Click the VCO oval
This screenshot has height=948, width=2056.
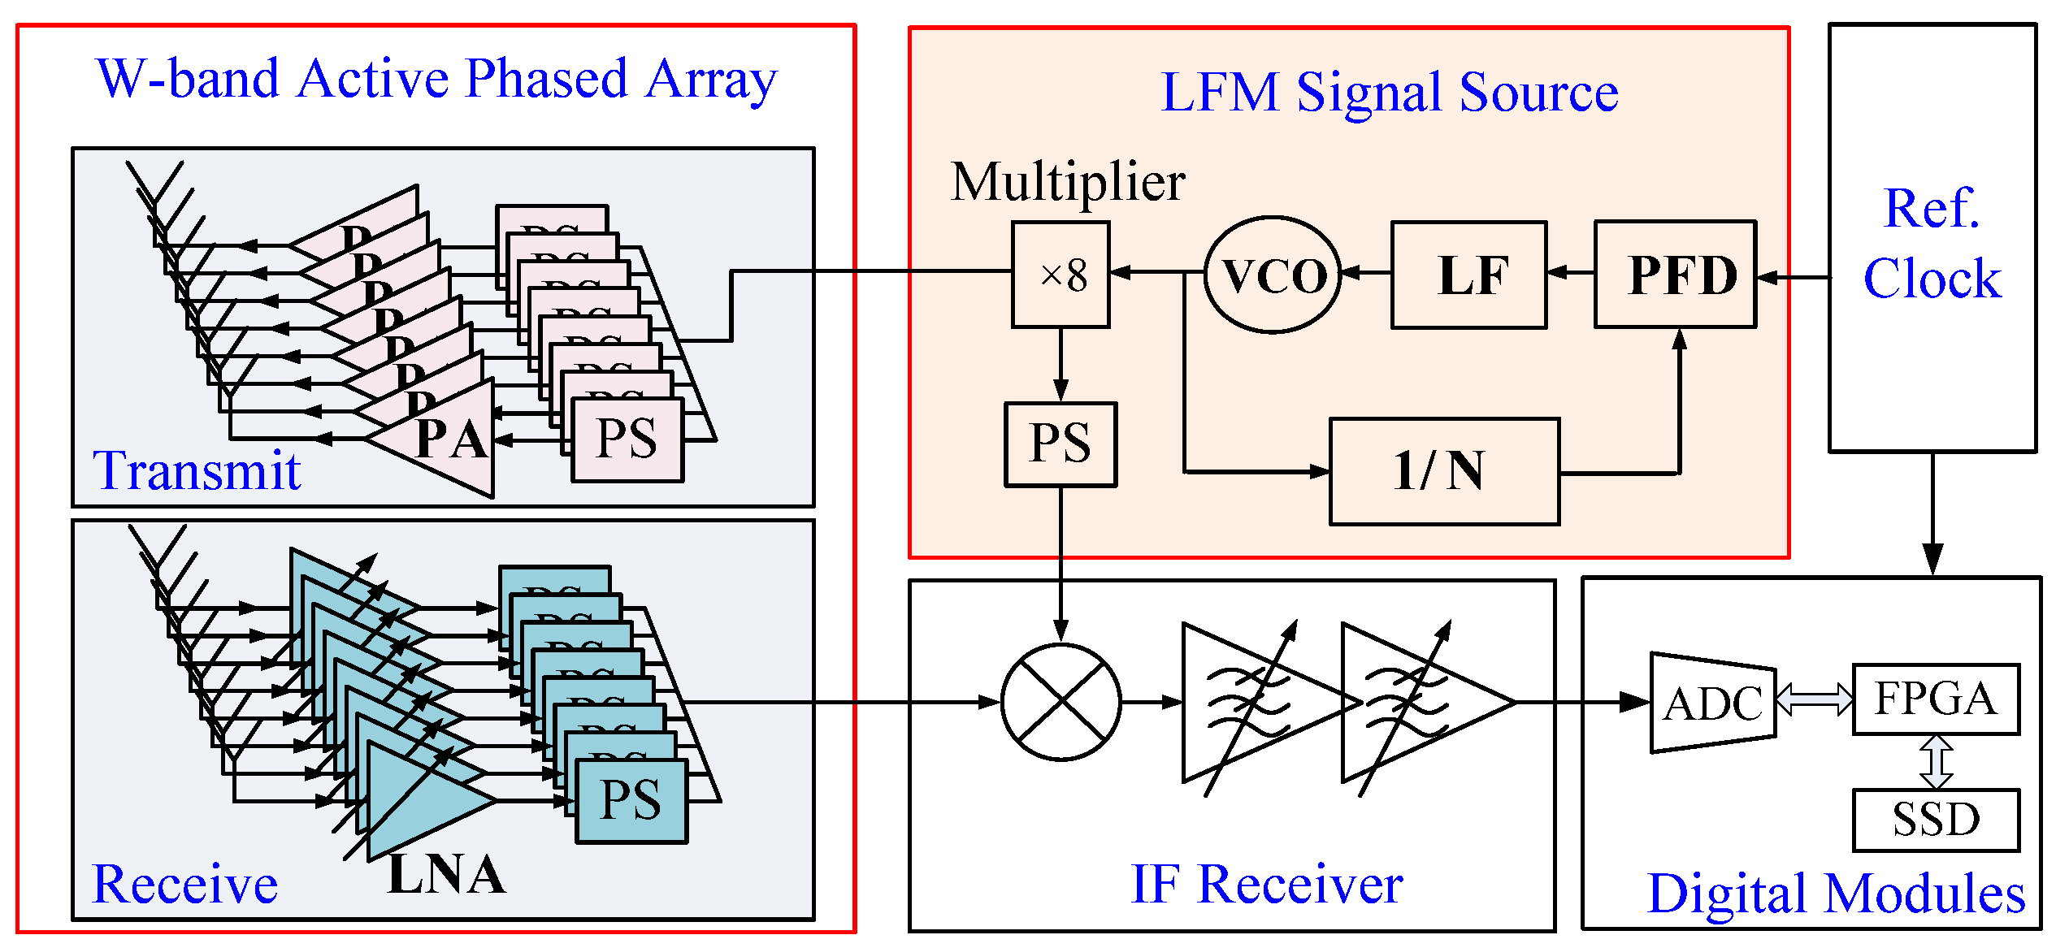pyautogui.click(x=1273, y=275)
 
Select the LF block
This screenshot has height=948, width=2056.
pyautogui.click(x=1468, y=275)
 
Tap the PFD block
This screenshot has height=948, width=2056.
pyautogui.click(x=1675, y=275)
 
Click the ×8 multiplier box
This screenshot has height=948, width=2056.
pyautogui.click(x=1061, y=275)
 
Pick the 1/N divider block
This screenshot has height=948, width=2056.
pyautogui.click(x=1444, y=471)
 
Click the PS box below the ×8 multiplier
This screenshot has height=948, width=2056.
pyautogui.click(x=1061, y=444)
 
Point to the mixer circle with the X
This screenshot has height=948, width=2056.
pyautogui.click(x=1061, y=702)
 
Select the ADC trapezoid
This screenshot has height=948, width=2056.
pyautogui.click(x=1712, y=703)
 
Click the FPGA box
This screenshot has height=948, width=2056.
pyautogui.click(x=1936, y=699)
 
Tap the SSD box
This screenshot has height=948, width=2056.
pyautogui.click(x=1936, y=820)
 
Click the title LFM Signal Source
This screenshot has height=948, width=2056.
pyautogui.click(x=1389, y=92)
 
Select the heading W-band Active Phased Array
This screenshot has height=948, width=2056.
pyautogui.click(x=436, y=80)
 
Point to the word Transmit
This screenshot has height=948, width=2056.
pyautogui.click(x=197, y=471)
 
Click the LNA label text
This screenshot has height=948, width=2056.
pyautogui.click(x=446, y=875)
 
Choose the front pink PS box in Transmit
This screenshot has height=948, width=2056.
pyautogui.click(x=627, y=439)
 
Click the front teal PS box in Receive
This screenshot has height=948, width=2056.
pyautogui.click(x=631, y=800)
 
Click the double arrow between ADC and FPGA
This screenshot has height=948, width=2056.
pyautogui.click(x=1815, y=699)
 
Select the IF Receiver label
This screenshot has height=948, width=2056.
pyautogui.click(x=1266, y=885)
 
